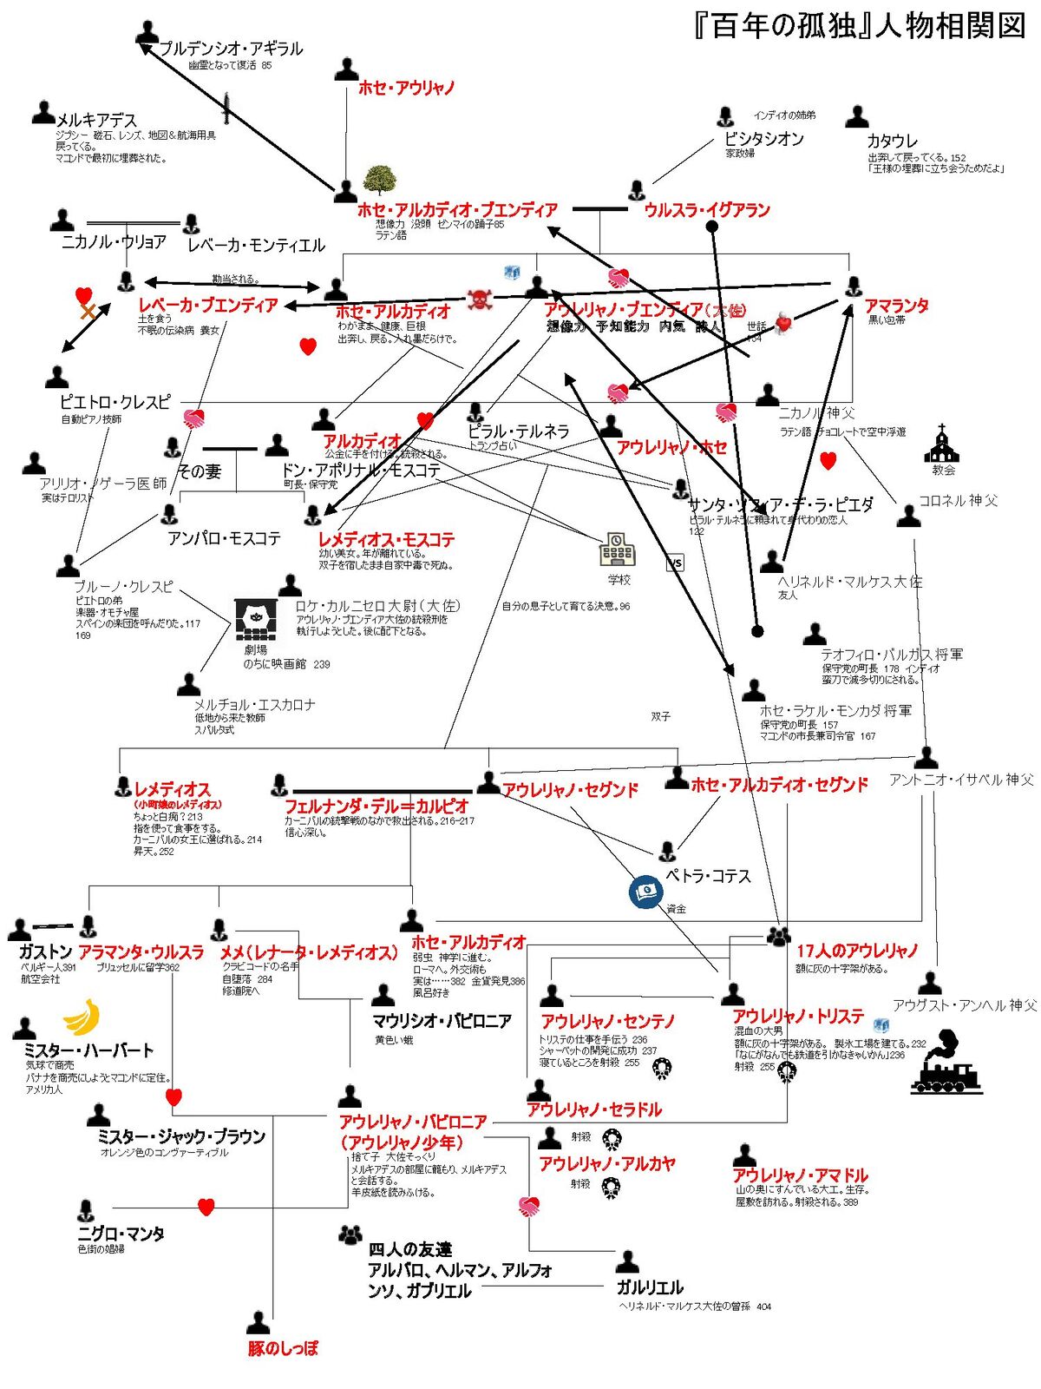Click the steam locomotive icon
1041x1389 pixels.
pos(946,1063)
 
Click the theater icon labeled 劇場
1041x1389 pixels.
pos(256,619)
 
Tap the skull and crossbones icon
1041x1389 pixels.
pos(480,300)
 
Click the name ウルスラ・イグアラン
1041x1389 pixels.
pos(706,210)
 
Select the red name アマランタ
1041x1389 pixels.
pos(896,306)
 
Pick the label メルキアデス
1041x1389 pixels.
pos(96,121)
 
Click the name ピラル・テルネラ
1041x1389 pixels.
pos(519,431)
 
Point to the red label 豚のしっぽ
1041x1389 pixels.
pos(283,1348)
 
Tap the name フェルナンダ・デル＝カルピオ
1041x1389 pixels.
pos(376,806)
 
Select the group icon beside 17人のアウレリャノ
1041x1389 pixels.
pos(779,936)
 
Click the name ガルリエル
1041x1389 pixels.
pos(650,1287)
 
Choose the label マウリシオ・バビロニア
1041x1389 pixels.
pos(442,1021)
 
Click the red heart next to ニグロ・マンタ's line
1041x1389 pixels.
pos(206,1207)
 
